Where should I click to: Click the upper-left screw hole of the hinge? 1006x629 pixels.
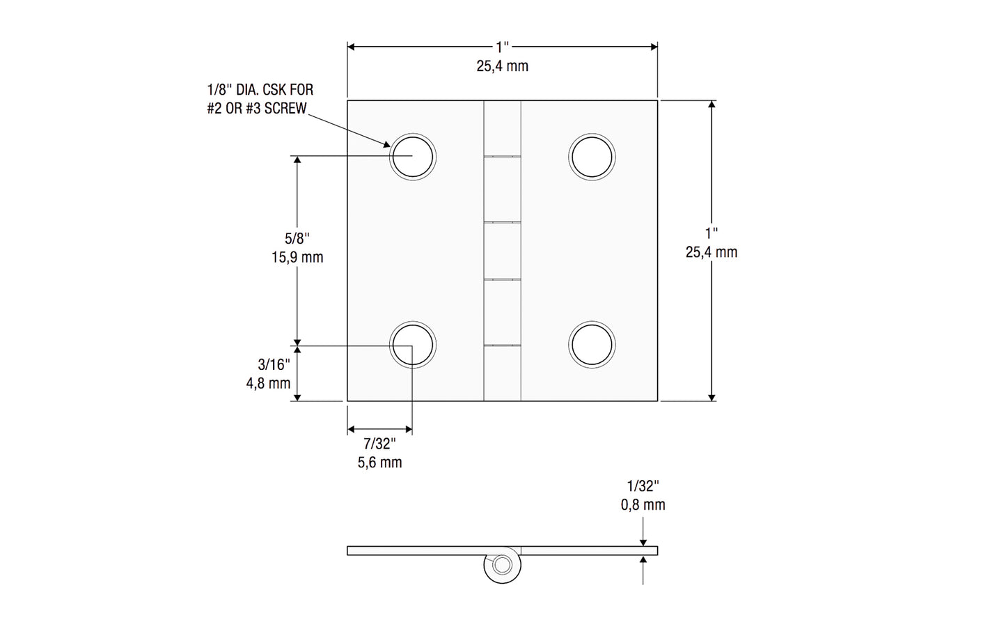point(412,156)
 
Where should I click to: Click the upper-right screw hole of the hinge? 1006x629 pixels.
point(592,156)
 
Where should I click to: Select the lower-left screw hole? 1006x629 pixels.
point(412,345)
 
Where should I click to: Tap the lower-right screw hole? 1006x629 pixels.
point(592,345)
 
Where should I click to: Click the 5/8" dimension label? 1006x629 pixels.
point(297,238)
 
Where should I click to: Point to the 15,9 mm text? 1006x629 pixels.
point(297,257)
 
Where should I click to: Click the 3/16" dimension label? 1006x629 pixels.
point(274,364)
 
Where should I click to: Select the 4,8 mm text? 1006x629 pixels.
point(268,383)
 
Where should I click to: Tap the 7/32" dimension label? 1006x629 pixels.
point(379,444)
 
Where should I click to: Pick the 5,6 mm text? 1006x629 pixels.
point(379,463)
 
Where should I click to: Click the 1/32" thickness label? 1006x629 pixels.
point(643,486)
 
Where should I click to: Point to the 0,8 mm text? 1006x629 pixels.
point(643,505)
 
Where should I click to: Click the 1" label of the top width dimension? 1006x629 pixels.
point(503,47)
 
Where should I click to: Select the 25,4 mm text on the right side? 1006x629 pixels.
point(711,252)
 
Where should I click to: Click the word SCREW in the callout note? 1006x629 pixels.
point(285,109)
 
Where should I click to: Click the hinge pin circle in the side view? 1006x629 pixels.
point(501,565)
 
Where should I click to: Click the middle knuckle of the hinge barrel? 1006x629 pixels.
point(503,251)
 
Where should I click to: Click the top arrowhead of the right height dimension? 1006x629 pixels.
point(712,105)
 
